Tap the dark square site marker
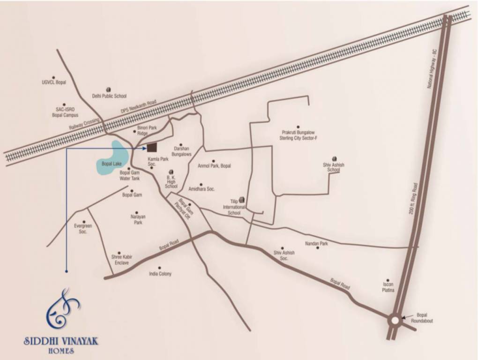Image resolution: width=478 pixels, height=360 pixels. click(152, 148)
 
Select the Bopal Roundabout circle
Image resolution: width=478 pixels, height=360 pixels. click(395, 320)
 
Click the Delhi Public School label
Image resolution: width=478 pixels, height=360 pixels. click(109, 96)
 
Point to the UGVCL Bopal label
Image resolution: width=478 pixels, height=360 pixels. click(54, 82)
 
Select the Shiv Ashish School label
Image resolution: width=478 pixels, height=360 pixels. click(334, 167)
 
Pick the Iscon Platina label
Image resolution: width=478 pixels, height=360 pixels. click(388, 287)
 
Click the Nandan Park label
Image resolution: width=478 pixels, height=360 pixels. click(316, 244)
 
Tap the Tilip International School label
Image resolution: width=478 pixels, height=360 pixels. click(234, 207)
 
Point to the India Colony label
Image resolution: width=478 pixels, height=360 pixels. click(160, 274)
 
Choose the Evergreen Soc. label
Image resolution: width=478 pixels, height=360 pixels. click(83, 229)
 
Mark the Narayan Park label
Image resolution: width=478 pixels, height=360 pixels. click(138, 220)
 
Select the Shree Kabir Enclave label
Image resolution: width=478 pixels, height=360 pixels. click(120, 260)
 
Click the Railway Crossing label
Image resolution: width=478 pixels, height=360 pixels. click(85, 124)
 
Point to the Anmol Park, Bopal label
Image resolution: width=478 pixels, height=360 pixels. click(214, 166)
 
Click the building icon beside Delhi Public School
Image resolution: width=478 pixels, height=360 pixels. click(108, 89)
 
